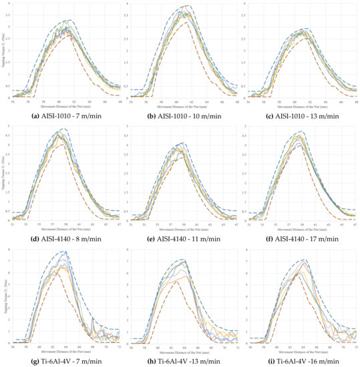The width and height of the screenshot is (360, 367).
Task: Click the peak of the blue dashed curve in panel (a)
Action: point(69,20)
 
